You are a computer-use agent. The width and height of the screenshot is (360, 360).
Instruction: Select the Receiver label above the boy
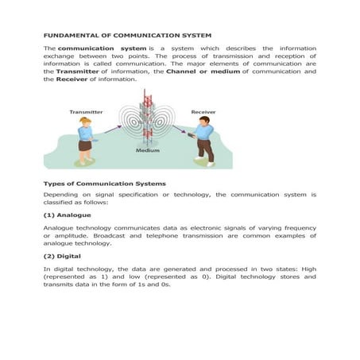[x=203, y=112]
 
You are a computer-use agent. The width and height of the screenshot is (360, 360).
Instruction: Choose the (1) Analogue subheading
[x=68, y=215]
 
